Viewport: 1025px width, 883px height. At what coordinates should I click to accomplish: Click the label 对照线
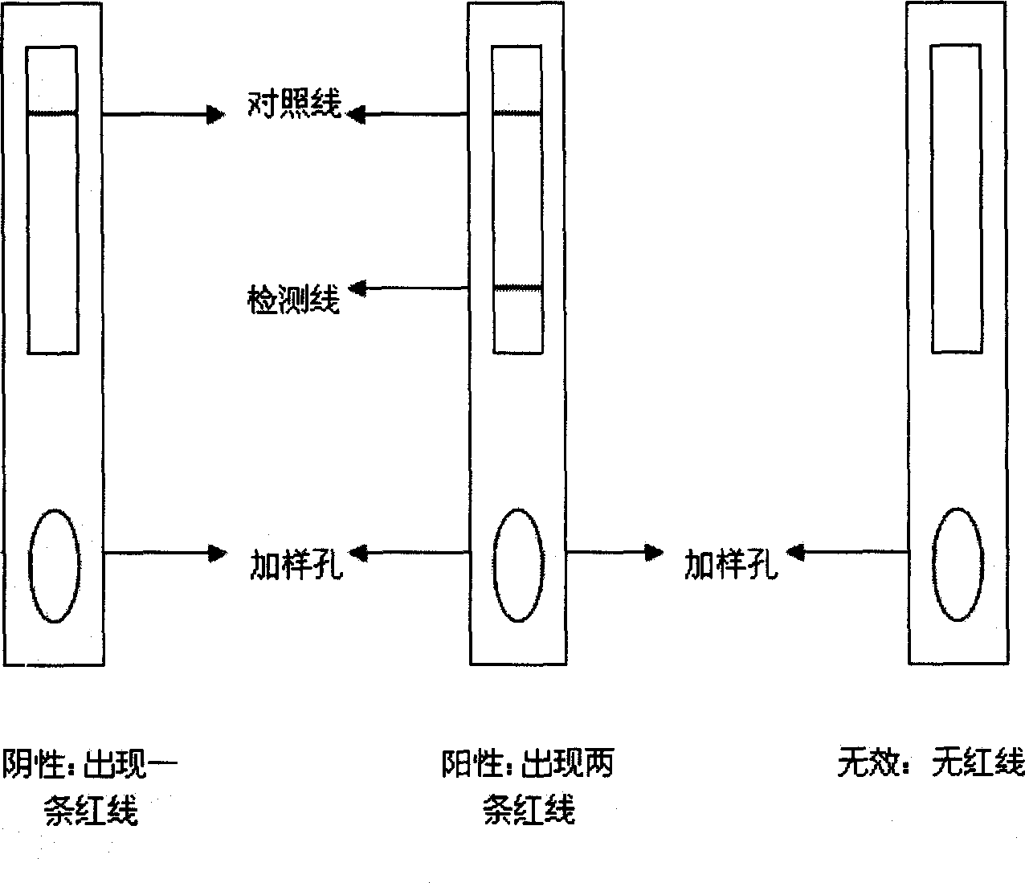295,104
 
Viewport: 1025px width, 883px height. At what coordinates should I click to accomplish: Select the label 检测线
293,299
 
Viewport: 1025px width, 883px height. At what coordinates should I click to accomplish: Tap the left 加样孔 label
296,564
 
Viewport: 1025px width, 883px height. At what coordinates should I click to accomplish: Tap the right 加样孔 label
731,564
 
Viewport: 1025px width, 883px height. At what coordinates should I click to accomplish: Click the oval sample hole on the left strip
29,566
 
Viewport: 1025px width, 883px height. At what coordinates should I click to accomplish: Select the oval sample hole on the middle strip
493,566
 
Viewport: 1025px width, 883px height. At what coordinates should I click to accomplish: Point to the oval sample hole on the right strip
933,565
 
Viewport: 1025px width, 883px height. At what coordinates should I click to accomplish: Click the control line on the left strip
52,113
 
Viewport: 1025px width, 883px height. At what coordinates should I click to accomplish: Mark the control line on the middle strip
517,114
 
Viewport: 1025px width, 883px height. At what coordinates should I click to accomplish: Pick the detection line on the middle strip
517,287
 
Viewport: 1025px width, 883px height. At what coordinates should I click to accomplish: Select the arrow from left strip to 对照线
164,115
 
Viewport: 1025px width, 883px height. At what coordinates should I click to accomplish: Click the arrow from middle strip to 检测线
408,288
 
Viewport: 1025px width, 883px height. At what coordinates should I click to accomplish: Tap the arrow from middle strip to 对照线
406,115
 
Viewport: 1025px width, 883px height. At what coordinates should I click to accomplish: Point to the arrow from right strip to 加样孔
847,552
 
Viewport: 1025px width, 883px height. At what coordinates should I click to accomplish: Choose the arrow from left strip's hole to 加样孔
165,553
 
